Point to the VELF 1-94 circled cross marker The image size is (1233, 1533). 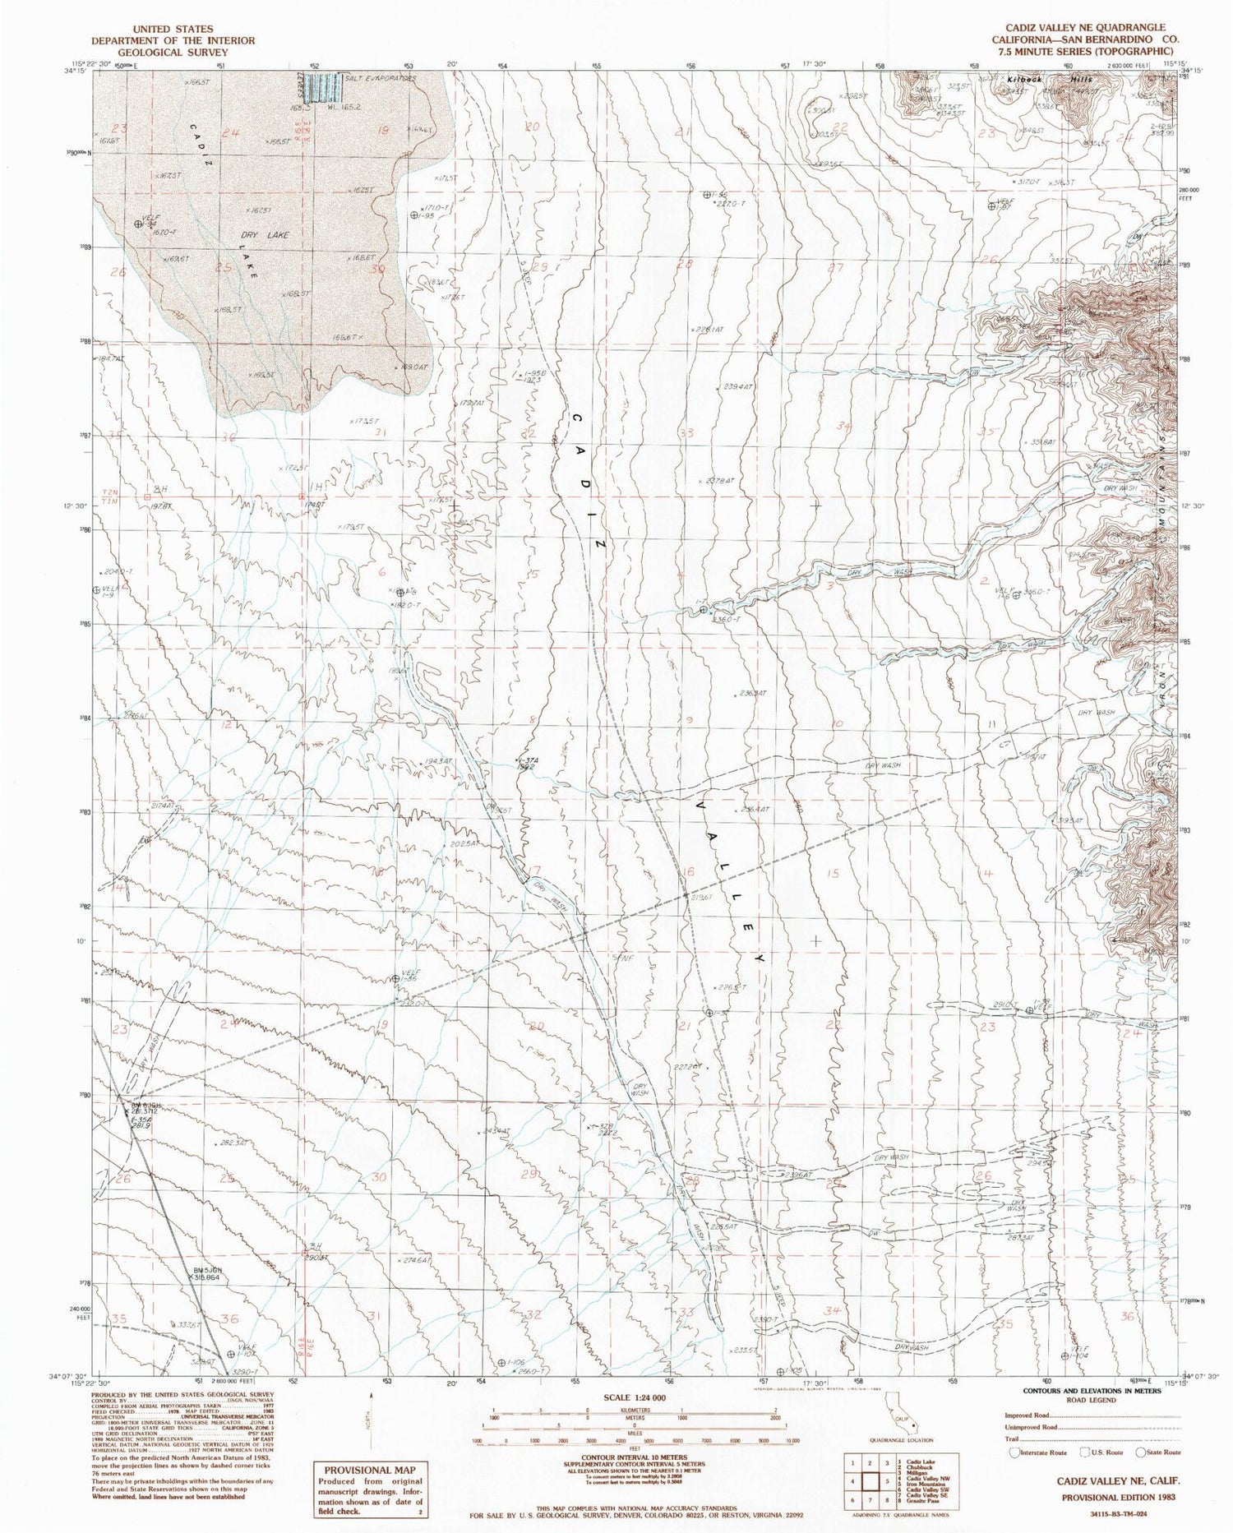point(138,224)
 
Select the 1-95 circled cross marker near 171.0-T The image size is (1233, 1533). point(414,215)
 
